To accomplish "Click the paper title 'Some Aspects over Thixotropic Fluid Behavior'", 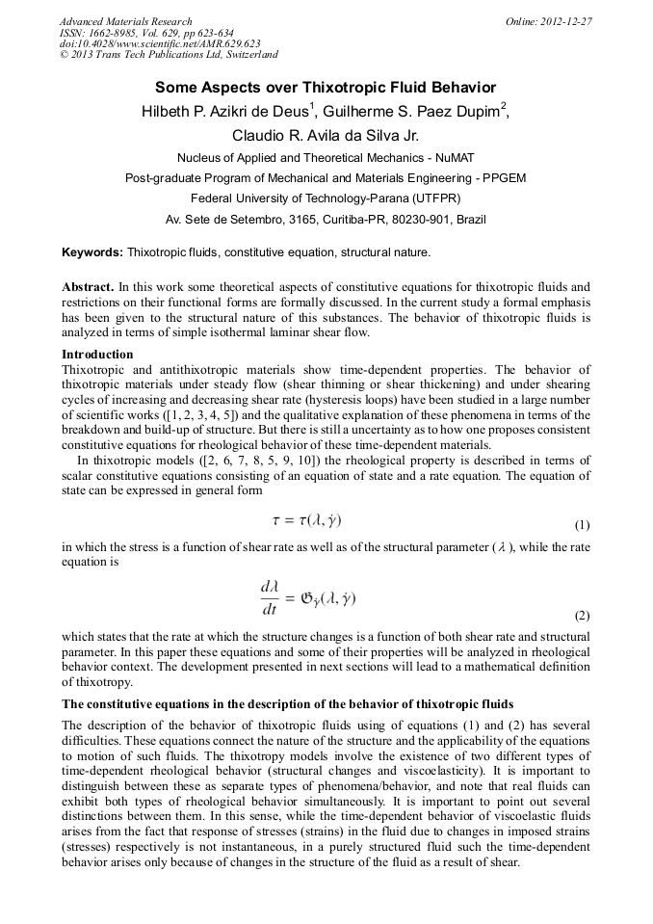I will [326, 87].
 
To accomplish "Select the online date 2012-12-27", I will [566, 21].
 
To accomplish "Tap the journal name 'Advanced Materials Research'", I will [126, 21].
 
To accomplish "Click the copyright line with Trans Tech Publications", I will [169, 55].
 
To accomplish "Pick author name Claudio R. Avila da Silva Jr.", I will [326, 135].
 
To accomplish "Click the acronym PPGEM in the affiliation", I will [501, 178].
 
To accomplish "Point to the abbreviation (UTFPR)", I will [434, 198].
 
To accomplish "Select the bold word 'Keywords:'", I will [92, 252].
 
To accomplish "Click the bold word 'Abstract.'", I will [89, 288].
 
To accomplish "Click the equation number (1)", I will [581, 526].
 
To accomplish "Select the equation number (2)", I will [581, 615].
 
